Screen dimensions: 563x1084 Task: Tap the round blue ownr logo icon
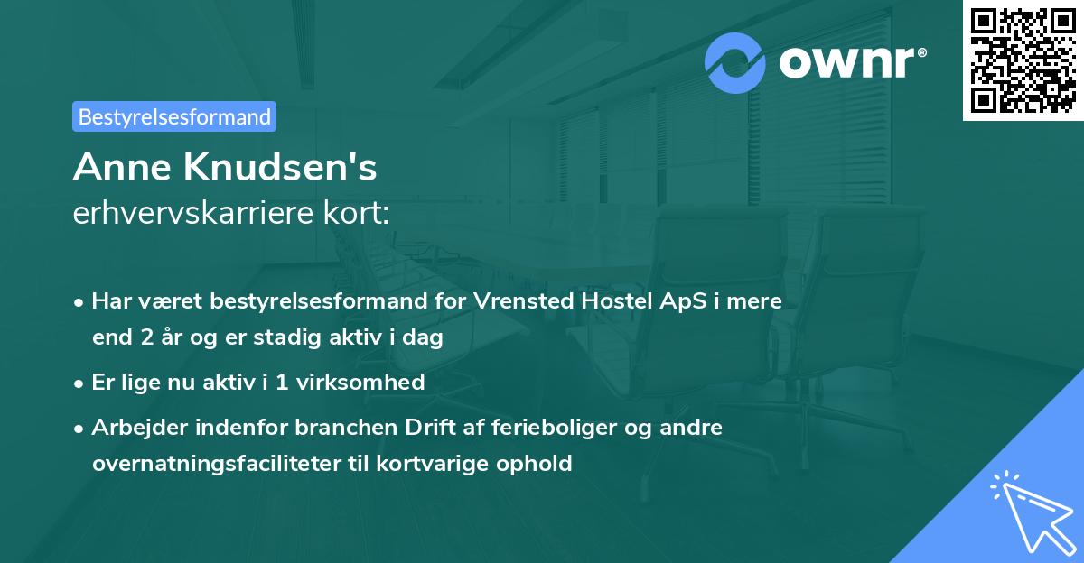pyautogui.click(x=735, y=63)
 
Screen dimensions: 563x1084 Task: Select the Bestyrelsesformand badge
pyautogui.click(x=174, y=116)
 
